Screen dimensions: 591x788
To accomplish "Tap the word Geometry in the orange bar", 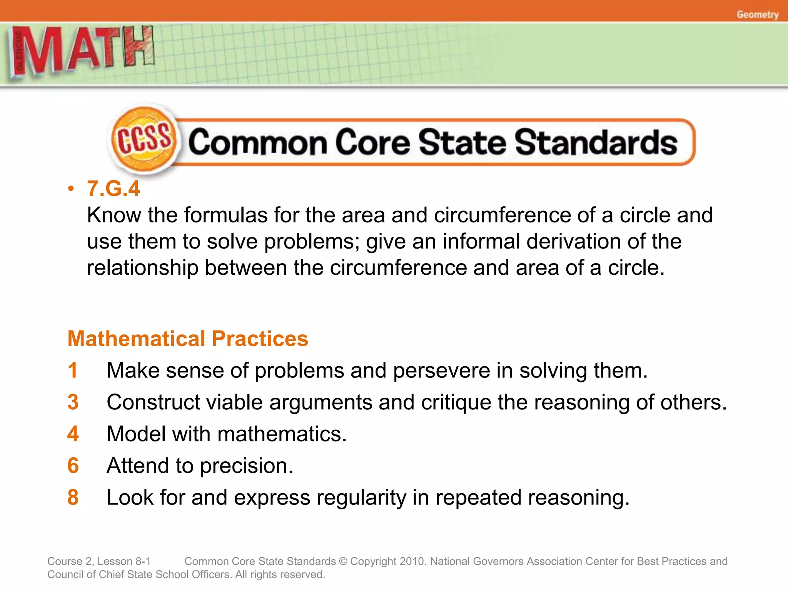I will (x=757, y=15).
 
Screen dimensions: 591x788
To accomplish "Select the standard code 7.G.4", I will (x=113, y=189).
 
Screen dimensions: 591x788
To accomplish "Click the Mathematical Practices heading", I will (x=188, y=339).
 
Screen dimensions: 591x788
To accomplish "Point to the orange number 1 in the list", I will (x=73, y=370).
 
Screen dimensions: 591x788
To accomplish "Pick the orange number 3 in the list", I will (x=73, y=402).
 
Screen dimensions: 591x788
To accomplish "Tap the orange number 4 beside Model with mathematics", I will (x=73, y=434).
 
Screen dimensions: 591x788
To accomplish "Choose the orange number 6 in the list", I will (x=73, y=466).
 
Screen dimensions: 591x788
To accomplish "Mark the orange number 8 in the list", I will (x=73, y=497).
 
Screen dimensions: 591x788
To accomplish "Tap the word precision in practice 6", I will (x=246, y=466).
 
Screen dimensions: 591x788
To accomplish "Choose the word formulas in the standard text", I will (x=225, y=215).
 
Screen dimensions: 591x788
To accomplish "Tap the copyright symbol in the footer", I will (x=343, y=561).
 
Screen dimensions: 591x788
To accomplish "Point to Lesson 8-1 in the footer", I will (x=124, y=561).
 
